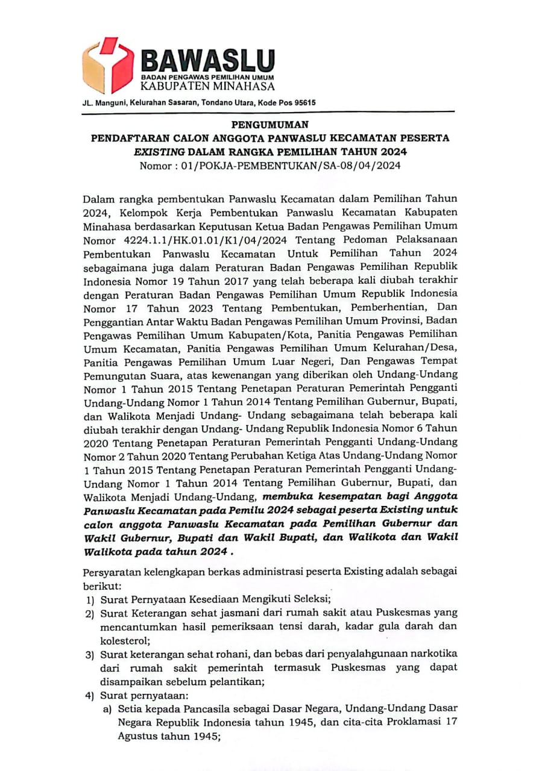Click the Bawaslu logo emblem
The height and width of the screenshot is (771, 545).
[x=108, y=64]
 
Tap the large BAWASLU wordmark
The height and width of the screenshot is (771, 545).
[x=207, y=60]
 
